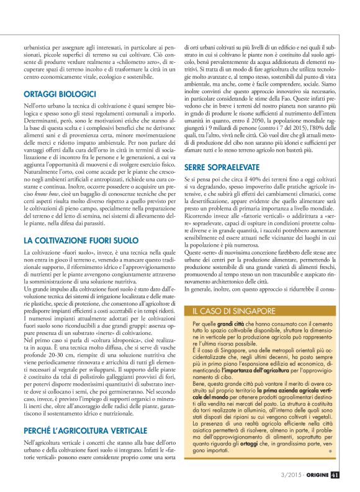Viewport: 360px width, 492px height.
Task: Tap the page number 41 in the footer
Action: tap(334, 476)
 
